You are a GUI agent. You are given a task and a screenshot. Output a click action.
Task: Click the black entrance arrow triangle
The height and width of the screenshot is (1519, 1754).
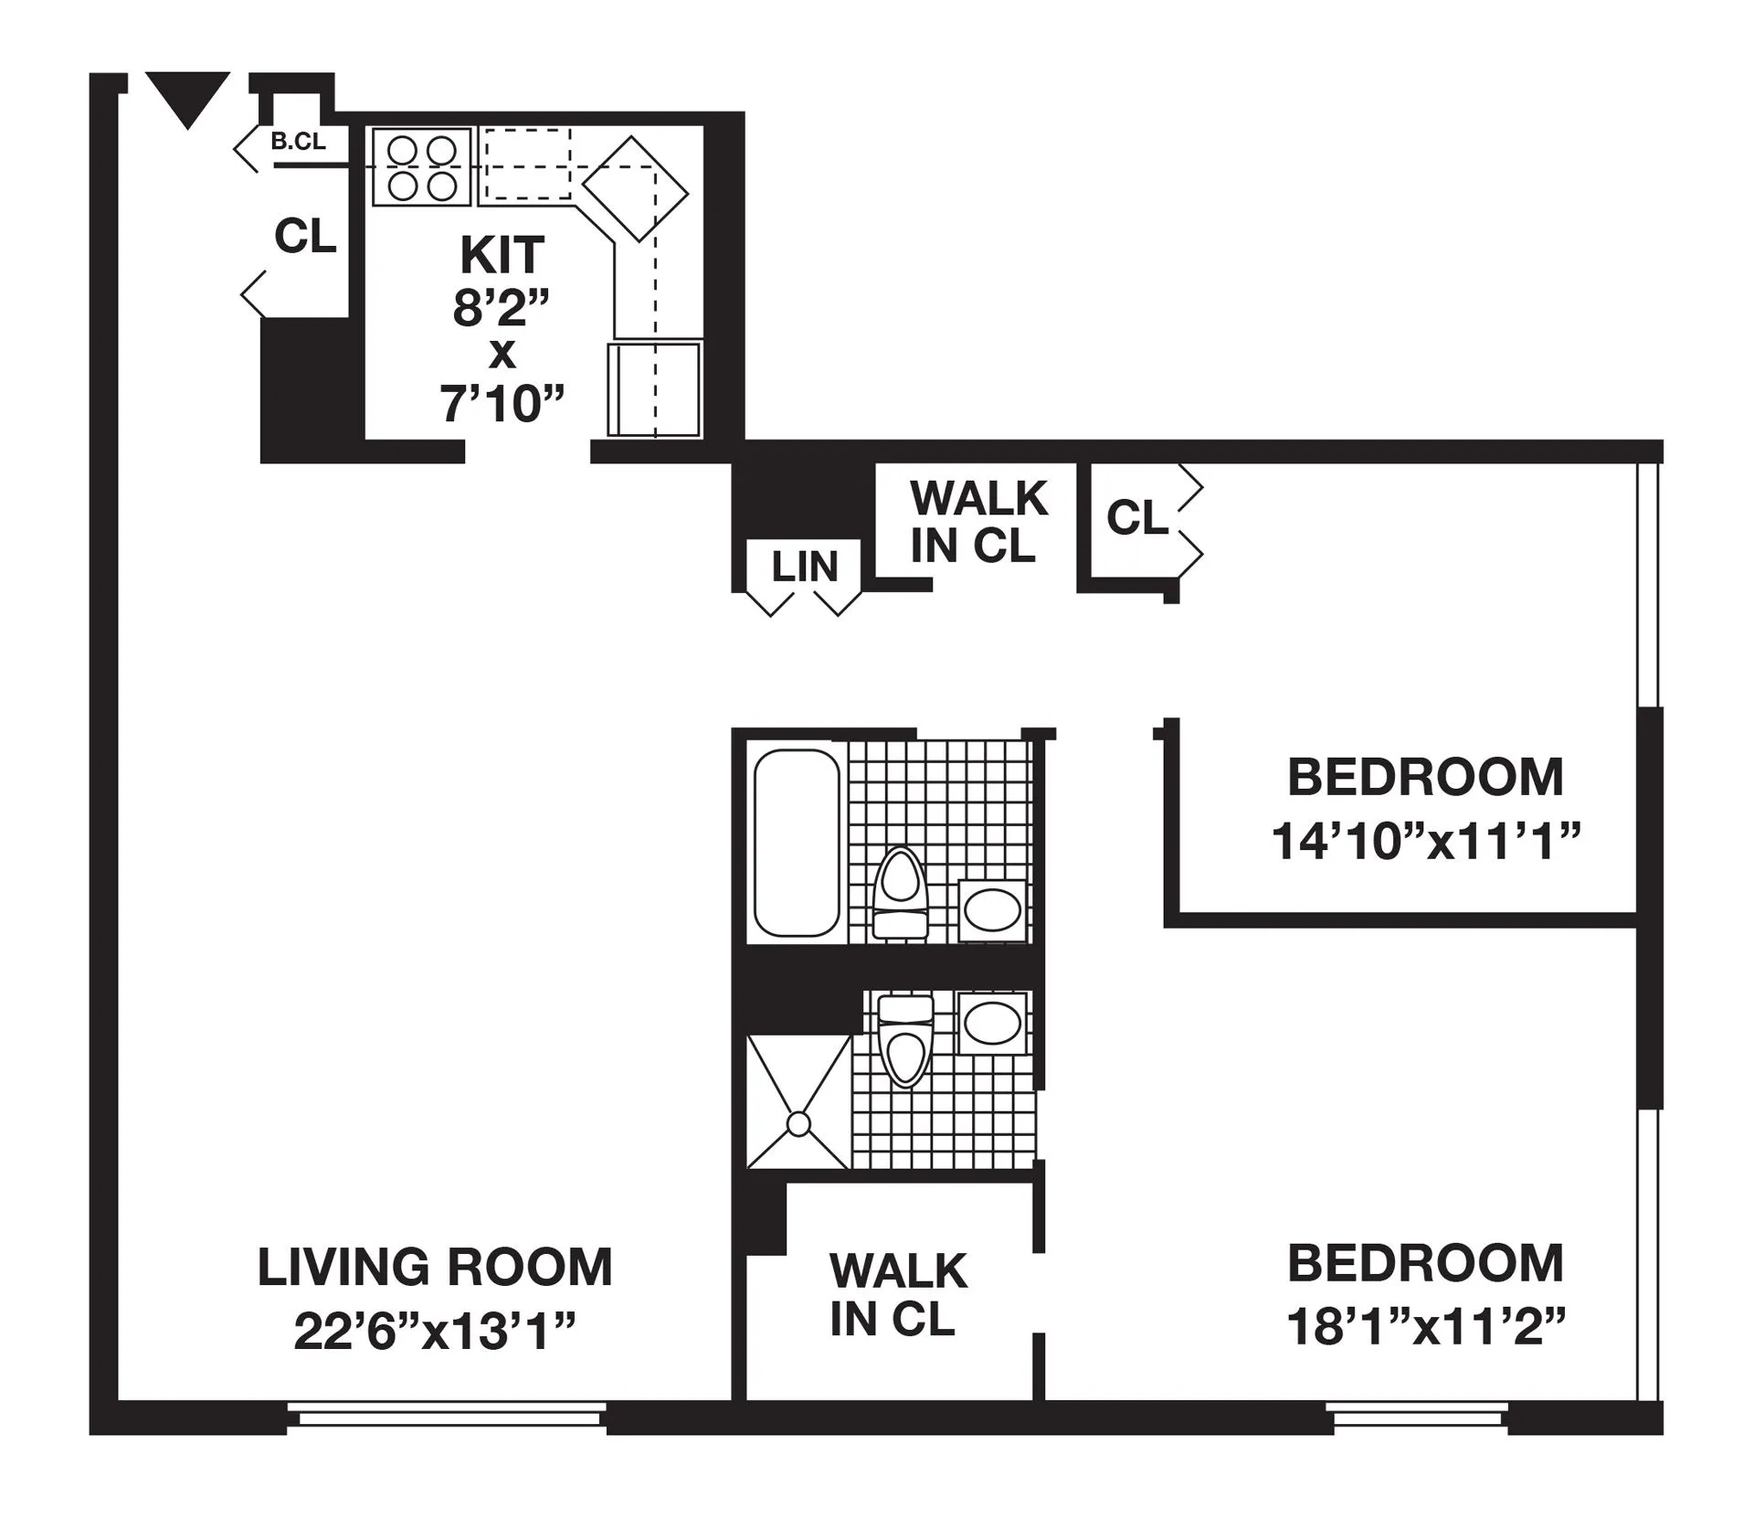click(x=187, y=96)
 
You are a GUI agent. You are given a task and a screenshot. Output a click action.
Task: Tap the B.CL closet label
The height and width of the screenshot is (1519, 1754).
click(x=298, y=143)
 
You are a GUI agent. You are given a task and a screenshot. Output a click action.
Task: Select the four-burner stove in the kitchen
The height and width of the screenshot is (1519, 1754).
click(x=421, y=167)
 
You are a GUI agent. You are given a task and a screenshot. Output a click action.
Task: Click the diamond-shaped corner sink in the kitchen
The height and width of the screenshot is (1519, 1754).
click(x=635, y=188)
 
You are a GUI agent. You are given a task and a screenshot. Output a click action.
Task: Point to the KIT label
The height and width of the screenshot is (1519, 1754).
click(x=502, y=255)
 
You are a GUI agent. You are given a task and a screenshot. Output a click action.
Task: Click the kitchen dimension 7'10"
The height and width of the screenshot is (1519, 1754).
click(x=502, y=403)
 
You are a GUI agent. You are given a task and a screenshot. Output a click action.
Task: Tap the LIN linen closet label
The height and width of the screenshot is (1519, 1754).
click(x=804, y=567)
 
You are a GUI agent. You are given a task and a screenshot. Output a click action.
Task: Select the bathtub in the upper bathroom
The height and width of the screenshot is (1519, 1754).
click(x=796, y=842)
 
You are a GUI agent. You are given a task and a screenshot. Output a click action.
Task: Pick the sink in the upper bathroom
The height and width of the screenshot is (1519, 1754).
click(x=992, y=909)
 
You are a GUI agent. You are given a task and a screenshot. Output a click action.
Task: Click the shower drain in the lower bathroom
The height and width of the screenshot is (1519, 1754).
click(x=799, y=1123)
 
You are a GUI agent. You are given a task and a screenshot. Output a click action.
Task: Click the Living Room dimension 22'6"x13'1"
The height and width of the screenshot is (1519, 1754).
click(x=434, y=1332)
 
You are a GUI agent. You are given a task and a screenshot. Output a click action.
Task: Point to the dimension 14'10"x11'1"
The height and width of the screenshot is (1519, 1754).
click(x=1425, y=841)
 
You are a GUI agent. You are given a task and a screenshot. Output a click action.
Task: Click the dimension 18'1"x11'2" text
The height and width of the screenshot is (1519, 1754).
click(x=1425, y=1327)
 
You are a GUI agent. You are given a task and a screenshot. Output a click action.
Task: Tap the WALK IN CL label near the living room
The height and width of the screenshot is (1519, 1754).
click(x=896, y=1293)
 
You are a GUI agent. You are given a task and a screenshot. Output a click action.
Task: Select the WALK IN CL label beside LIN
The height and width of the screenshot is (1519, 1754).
click(x=977, y=521)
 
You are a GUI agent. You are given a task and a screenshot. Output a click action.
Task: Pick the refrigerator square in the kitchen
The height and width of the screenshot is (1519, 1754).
click(x=654, y=389)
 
